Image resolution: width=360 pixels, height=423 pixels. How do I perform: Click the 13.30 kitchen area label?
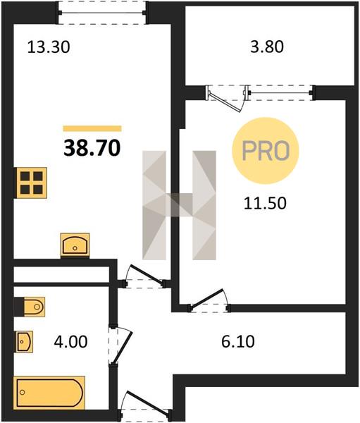click(49, 47)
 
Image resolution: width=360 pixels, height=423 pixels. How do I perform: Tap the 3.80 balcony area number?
click(267, 47)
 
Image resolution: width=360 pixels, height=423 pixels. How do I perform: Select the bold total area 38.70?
click(92, 148)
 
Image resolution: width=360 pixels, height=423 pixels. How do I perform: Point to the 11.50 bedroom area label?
click(265, 203)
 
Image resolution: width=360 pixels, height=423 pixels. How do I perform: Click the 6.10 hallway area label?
click(238, 341)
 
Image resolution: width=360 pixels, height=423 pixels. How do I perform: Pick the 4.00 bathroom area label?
click(70, 342)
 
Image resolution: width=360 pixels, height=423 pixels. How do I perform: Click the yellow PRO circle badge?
click(266, 151)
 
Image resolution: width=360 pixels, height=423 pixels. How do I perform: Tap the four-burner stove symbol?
click(31, 183)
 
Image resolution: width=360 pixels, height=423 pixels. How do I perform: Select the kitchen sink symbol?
click(75, 245)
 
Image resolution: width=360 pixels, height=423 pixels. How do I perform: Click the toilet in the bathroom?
click(30, 307)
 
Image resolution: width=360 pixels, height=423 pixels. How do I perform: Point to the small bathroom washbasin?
click(24, 341)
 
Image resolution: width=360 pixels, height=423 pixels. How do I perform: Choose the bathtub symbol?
click(49, 393)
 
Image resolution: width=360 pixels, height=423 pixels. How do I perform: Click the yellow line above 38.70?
click(92, 128)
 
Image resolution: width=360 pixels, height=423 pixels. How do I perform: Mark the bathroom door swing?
click(120, 345)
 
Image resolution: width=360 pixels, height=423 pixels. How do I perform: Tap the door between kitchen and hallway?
click(145, 276)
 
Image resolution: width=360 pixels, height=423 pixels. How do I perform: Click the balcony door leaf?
click(226, 102)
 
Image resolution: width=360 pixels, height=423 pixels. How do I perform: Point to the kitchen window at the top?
click(102, 13)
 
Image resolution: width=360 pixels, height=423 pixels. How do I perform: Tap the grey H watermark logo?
click(180, 205)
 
